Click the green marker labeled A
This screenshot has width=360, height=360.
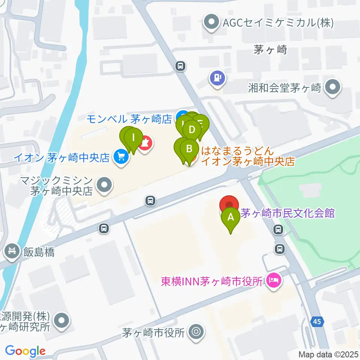pos(231,216)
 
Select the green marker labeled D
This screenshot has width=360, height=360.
pos(192,130)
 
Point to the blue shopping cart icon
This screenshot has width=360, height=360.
pos(121,157)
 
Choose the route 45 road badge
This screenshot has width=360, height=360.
pos(317,321)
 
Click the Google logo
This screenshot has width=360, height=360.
pos(25,351)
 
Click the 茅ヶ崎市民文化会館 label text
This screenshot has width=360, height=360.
pos(287,214)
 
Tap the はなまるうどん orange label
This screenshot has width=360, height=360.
pos(247,156)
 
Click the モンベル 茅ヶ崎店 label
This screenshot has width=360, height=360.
pos(129,119)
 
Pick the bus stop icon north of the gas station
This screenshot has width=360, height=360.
pos(181,66)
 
